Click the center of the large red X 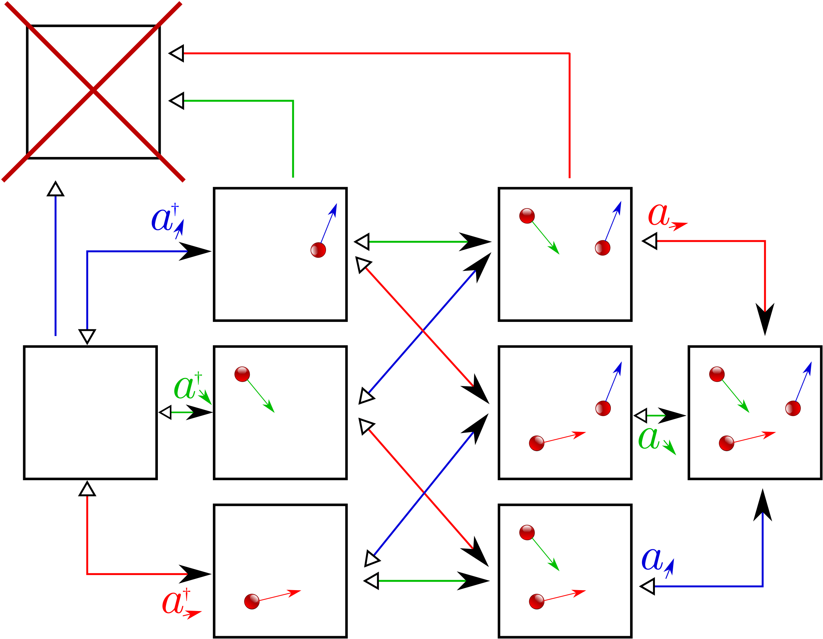coord(93,90)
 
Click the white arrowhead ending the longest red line coord(177,53)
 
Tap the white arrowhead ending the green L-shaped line coord(177,101)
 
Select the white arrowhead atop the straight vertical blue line coord(55,190)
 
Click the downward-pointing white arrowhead coord(87,335)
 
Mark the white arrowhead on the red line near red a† coord(87,490)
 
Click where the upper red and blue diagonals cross coord(422,330)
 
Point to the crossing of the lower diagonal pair coord(424,492)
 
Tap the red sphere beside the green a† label coord(242,374)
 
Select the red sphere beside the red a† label coord(251,601)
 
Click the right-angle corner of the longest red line coord(569,53)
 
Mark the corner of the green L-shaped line coord(293,101)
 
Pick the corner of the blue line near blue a coord(763,586)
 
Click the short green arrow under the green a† coord(177,412)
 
